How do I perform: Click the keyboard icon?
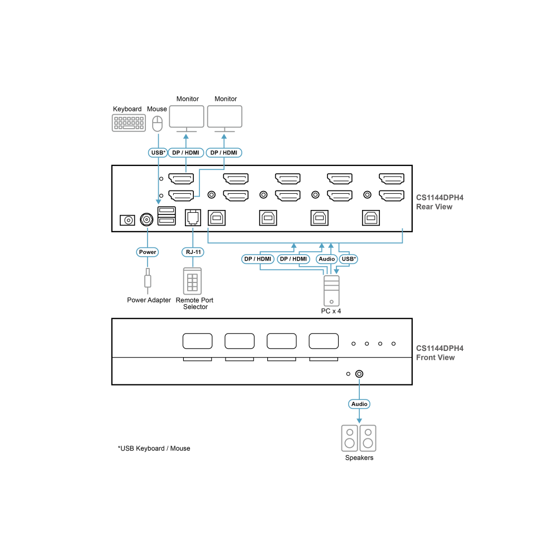pos(129,123)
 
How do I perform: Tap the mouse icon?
pos(158,123)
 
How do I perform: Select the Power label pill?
pos(148,252)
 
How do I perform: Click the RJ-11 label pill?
pos(193,252)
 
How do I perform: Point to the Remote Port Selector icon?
pos(193,281)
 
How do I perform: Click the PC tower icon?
pos(331,291)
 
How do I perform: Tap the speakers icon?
pos(359,438)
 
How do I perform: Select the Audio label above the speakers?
pos(359,404)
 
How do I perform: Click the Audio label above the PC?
pos(326,259)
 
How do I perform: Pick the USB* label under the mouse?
pos(158,153)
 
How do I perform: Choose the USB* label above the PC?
pos(349,259)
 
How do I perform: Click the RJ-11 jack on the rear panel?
pos(193,217)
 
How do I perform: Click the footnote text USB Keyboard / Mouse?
pos(154,448)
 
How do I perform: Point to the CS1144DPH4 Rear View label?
pos(440,202)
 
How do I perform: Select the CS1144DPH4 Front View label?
pos(440,353)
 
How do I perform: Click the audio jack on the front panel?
pos(359,374)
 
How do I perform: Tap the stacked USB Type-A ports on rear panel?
pos(167,216)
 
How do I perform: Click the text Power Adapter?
pos(149,300)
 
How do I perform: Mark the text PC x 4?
pos(331,311)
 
